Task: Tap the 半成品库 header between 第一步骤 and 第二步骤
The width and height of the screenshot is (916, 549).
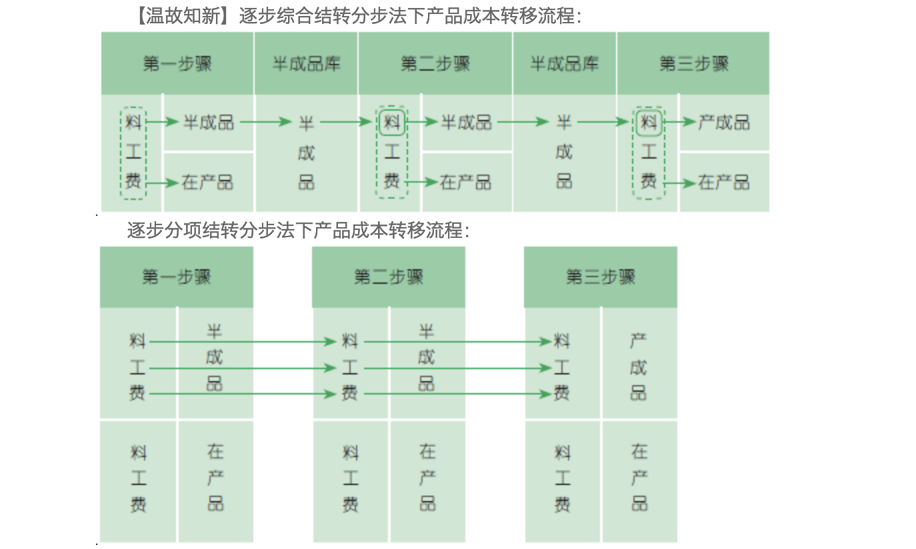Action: tap(306, 64)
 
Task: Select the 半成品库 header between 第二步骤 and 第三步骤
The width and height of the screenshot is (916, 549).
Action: tap(564, 64)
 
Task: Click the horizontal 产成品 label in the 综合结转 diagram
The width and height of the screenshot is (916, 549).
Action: tap(724, 122)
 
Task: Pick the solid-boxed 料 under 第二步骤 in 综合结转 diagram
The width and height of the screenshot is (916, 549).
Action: tap(392, 123)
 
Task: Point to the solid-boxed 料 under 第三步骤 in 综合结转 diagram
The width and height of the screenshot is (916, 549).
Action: tap(649, 123)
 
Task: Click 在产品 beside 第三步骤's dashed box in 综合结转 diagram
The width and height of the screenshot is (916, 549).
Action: tap(724, 182)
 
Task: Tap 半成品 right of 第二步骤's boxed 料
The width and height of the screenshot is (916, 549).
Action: tap(467, 122)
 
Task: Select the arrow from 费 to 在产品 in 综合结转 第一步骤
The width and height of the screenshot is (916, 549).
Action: tap(163, 182)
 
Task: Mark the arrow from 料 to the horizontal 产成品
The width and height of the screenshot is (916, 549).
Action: tap(680, 122)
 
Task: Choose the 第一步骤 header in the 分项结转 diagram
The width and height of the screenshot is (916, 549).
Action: tap(177, 276)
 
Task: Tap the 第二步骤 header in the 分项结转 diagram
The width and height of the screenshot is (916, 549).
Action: tap(389, 276)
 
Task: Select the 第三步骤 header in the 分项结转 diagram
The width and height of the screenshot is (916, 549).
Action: tap(601, 276)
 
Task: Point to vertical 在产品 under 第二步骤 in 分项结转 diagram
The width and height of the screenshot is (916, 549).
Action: tap(427, 478)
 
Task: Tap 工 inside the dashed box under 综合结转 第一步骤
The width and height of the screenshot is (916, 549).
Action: tap(134, 152)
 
